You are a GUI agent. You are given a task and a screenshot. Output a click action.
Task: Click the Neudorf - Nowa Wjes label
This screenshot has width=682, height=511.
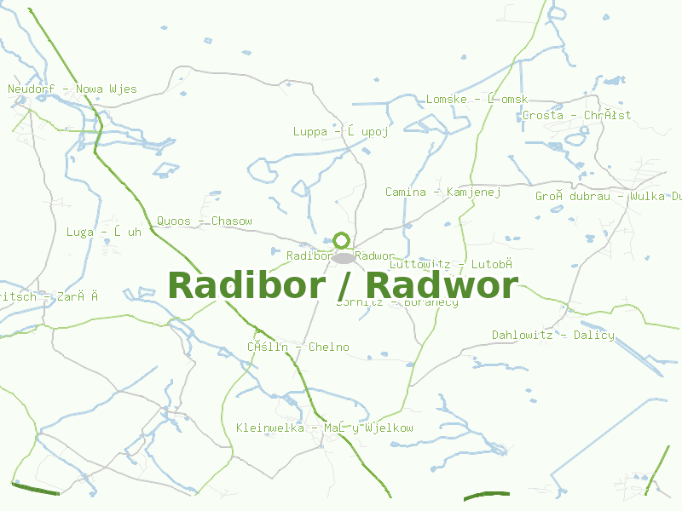(x=72, y=89)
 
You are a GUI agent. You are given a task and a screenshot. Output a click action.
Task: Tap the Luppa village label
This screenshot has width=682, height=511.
(x=340, y=132)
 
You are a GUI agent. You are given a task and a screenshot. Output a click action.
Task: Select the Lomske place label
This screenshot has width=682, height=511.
(x=477, y=100)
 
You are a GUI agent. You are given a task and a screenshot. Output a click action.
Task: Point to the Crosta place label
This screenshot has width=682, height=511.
(x=576, y=115)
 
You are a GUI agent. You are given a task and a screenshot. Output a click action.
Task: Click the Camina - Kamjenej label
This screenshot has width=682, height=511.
(x=442, y=192)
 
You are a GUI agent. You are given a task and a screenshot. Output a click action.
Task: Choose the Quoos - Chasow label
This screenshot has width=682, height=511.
(x=205, y=221)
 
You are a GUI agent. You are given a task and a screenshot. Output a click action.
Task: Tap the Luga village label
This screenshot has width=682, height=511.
(x=104, y=232)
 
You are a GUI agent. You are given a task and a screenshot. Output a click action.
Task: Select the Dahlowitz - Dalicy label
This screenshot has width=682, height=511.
(x=552, y=335)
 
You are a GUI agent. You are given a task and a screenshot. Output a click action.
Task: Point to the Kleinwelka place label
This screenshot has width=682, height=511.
(x=324, y=428)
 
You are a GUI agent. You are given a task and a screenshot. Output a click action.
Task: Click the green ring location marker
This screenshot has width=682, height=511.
(x=342, y=240)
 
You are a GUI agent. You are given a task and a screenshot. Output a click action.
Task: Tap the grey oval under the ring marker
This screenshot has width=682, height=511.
(x=344, y=258)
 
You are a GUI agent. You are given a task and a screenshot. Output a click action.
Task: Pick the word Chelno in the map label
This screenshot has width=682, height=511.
(x=329, y=347)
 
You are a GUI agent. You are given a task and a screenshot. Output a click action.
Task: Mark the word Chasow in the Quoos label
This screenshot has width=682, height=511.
(x=232, y=221)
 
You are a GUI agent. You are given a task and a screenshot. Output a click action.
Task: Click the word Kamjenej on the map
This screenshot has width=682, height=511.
(x=473, y=192)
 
